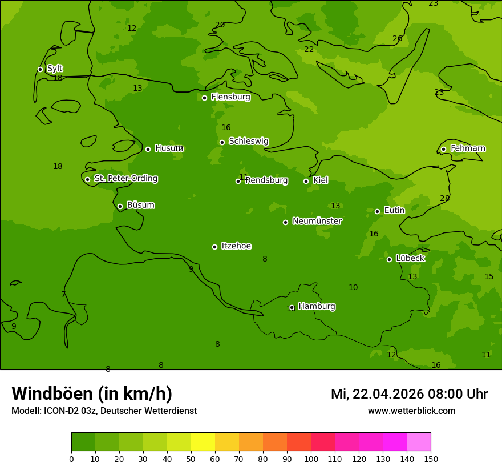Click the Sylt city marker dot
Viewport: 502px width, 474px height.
coord(40,69)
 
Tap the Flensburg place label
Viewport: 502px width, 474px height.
coord(230,97)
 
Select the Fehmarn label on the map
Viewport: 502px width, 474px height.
coord(468,148)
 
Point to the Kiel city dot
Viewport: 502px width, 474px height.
coord(306,181)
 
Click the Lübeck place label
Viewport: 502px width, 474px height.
coord(410,259)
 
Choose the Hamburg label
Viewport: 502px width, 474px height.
coord(317,307)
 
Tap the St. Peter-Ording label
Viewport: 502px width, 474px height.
coord(125,179)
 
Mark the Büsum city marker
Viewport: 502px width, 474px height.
coord(120,206)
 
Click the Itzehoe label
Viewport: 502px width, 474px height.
coord(236,246)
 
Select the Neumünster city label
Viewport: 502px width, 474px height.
coord(317,221)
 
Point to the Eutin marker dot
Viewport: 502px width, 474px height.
coord(377,211)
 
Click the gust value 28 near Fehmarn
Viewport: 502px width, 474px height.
coord(444,199)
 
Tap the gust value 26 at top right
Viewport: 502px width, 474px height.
coord(397,39)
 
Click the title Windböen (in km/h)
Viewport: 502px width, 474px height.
coord(92,393)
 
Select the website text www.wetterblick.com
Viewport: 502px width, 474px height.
coord(411,411)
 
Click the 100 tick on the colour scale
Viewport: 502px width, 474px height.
coord(311,459)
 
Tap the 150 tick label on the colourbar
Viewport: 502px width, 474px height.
coord(431,459)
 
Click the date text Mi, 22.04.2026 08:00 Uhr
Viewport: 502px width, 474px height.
coord(409,394)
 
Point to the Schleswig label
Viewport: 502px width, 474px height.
coord(248,141)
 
